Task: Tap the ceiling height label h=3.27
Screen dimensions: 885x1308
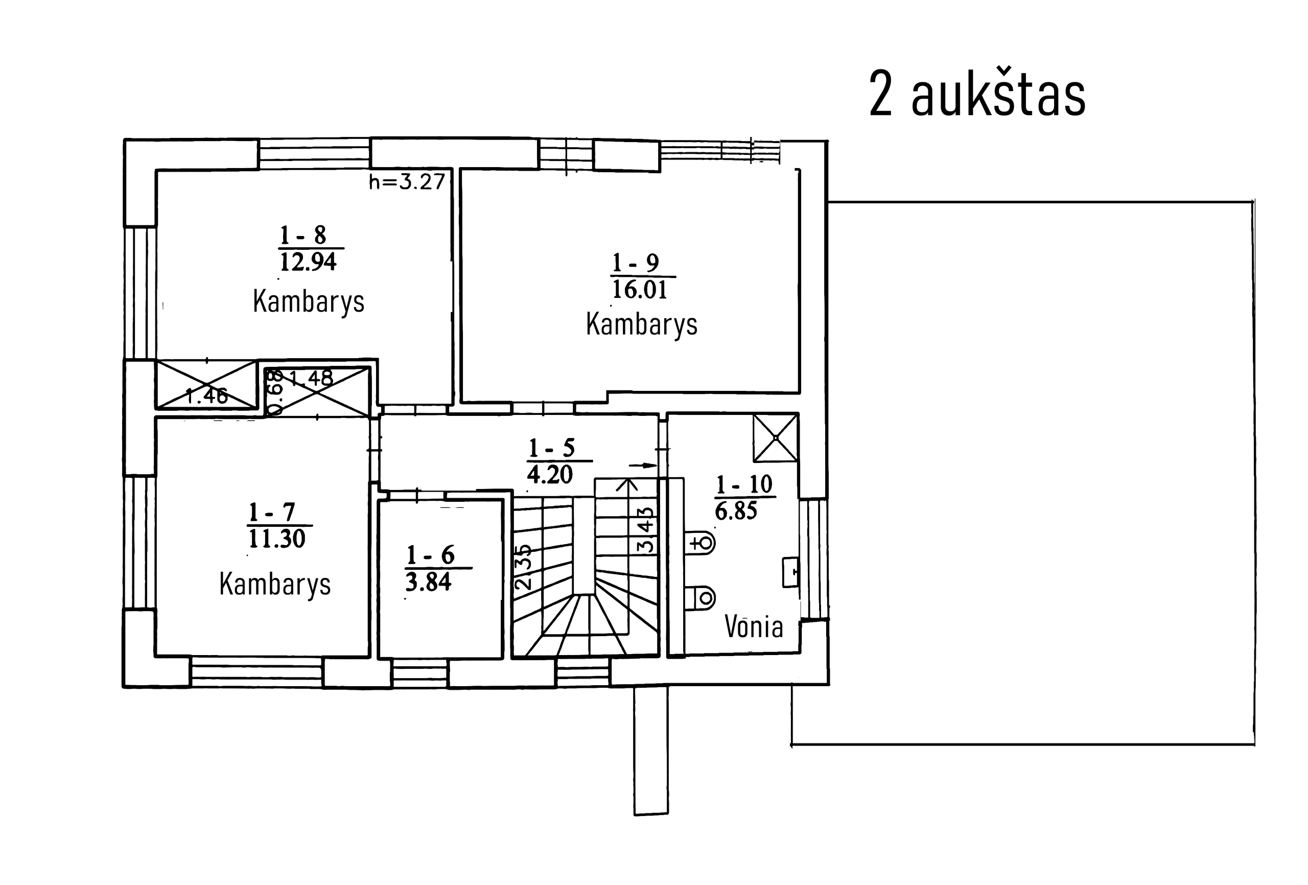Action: coord(406,182)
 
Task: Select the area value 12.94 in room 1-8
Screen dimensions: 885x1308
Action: coord(308,262)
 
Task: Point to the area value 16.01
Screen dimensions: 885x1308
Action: coord(639,289)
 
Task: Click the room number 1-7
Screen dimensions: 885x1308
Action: coord(272,512)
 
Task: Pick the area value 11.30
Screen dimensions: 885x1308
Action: coord(276,539)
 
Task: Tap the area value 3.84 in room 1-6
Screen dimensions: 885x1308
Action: coord(428,582)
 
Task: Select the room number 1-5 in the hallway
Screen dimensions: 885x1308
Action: coord(552,448)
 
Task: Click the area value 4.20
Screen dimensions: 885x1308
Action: coord(550,475)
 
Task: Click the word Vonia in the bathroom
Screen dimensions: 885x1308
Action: coord(754,626)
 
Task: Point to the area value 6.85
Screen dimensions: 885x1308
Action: coord(736,511)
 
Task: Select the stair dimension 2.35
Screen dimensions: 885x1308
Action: coord(523,566)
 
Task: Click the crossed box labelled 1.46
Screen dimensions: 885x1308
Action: coord(206,386)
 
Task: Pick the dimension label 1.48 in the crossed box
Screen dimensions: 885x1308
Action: coord(311,378)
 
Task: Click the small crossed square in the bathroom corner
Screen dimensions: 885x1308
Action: coord(776,437)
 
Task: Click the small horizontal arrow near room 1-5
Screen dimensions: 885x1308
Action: coord(643,465)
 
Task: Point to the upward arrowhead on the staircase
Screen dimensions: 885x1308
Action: coord(626,484)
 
